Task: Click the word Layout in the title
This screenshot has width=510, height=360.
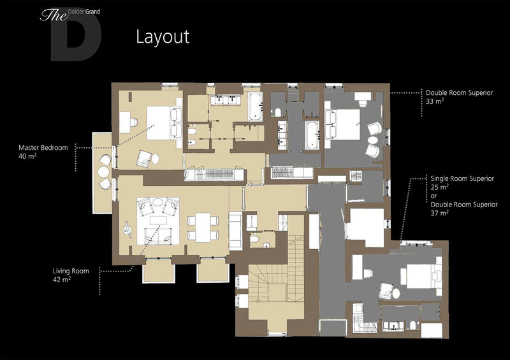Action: (163, 37)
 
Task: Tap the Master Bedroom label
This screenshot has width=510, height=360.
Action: (43, 148)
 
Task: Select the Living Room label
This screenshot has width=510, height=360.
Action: (71, 271)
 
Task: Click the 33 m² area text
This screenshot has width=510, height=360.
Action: (435, 101)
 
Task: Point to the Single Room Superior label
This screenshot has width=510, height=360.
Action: (462, 178)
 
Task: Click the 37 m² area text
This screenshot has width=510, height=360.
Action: (440, 213)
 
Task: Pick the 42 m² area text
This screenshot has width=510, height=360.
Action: (62, 279)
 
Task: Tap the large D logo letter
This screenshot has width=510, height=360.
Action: (76, 38)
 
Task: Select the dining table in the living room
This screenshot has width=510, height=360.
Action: (203, 227)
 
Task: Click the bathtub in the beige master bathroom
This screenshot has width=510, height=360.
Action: (255, 106)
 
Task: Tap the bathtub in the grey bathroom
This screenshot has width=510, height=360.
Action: (312, 135)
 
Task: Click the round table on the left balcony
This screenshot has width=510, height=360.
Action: (103, 171)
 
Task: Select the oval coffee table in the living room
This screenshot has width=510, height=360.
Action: (157, 202)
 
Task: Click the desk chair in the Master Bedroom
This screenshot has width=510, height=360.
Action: (134, 122)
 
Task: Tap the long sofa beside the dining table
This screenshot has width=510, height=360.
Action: (235, 231)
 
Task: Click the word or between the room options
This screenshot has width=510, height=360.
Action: (433, 196)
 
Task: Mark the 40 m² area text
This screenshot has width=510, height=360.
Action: (27, 156)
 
